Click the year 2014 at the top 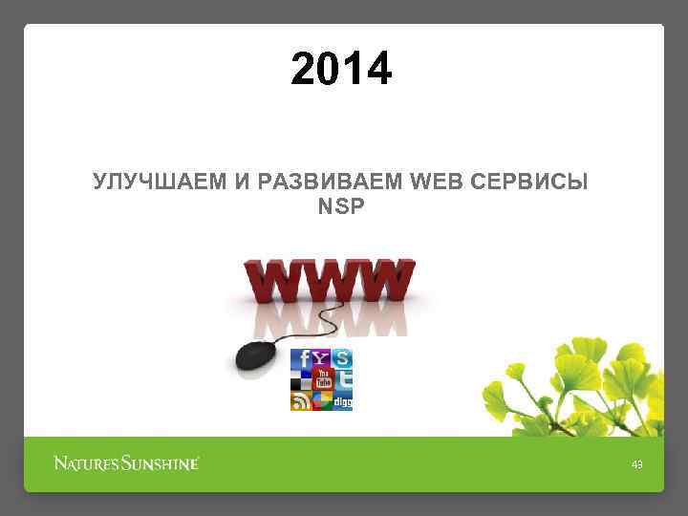341,70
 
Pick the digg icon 343,402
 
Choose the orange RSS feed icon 301,401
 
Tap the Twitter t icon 343,380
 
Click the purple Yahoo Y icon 323,358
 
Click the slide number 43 637,465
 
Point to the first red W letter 276,281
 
